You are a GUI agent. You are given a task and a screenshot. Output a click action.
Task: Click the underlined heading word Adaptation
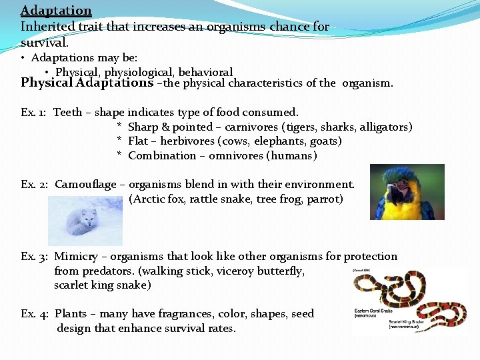point(56,11)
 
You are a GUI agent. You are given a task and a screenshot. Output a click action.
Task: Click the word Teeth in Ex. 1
point(67,113)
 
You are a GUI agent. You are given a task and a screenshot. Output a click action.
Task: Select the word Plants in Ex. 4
point(71,314)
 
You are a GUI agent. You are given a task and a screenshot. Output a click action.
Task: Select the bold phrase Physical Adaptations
point(87,83)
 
